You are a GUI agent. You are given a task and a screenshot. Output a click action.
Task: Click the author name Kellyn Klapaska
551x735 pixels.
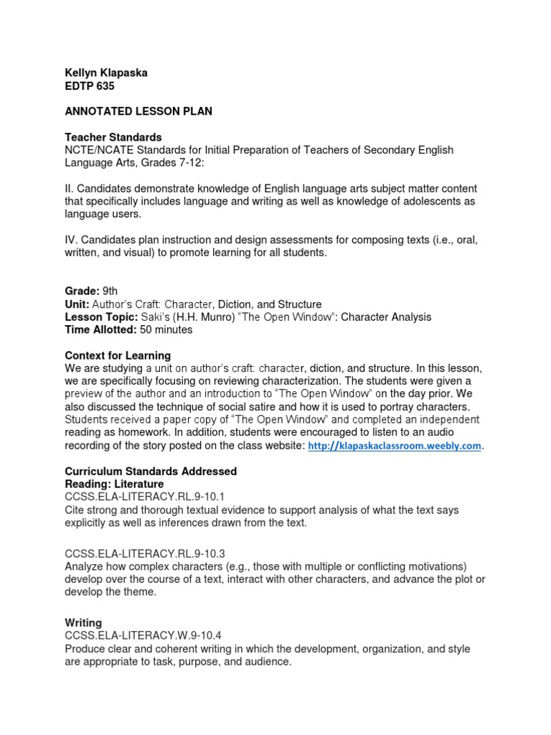[106, 72]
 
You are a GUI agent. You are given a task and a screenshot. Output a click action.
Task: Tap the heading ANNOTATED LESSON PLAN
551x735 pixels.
[138, 111]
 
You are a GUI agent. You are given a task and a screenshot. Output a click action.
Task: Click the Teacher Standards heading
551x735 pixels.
[113, 137]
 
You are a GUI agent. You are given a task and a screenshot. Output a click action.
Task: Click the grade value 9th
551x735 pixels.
[110, 291]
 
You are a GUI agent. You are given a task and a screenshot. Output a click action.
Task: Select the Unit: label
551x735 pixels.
[77, 304]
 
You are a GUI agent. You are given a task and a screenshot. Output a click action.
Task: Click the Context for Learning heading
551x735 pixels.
[118, 355]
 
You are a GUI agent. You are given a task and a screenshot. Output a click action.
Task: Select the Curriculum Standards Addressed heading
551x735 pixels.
[151, 472]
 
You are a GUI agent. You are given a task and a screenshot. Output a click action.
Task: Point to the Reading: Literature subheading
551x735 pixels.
[114, 484]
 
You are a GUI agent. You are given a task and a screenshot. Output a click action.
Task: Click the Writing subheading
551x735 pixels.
[83, 623]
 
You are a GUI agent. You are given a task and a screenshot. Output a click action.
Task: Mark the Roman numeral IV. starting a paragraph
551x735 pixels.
[71, 240]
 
